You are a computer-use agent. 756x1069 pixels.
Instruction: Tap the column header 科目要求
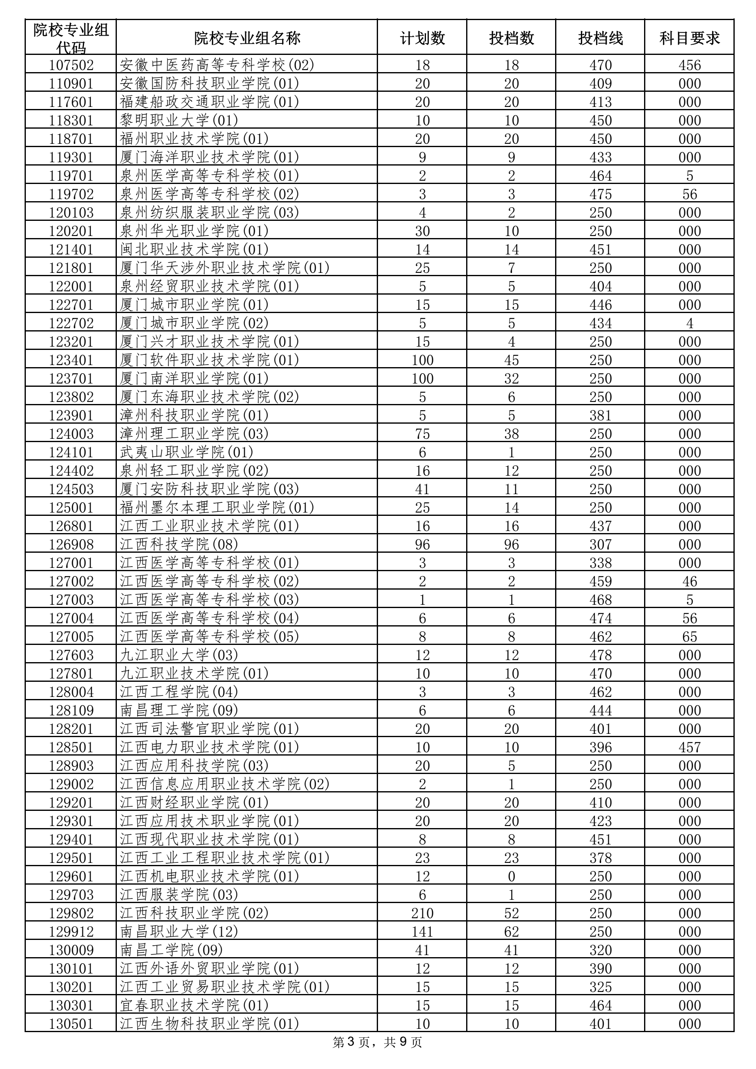[x=690, y=38]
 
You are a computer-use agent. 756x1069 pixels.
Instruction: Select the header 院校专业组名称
[x=247, y=38]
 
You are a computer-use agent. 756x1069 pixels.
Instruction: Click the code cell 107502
[x=71, y=65]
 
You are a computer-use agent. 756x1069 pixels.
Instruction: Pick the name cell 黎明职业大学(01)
[x=179, y=120]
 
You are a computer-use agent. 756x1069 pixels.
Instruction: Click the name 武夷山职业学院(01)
[x=186, y=452]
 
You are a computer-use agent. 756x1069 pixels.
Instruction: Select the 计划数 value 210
[x=422, y=913]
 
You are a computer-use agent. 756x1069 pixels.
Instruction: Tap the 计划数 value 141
[x=422, y=932]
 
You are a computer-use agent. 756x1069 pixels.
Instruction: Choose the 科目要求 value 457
[x=690, y=747]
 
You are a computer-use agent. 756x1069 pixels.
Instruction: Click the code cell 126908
[x=71, y=544]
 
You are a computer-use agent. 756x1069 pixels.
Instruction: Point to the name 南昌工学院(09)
[x=171, y=950]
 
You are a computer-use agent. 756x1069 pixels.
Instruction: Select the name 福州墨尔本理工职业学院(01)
[x=216, y=508]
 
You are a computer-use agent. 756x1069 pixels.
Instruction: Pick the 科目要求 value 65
[x=690, y=636]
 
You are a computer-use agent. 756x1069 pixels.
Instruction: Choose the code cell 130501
[x=71, y=1024]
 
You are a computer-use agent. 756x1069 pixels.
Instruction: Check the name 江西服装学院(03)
[x=179, y=895]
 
